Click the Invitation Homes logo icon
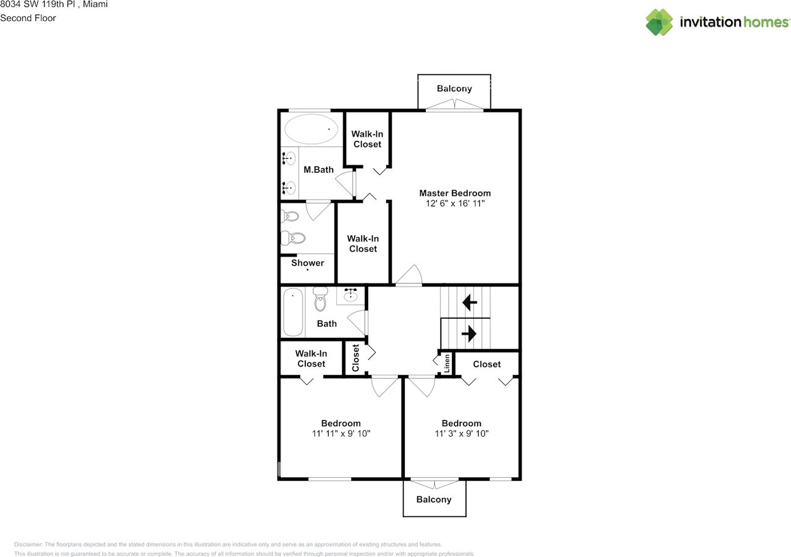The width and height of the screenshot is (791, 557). pyautogui.click(x=659, y=22)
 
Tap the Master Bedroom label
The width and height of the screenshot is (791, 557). pyautogui.click(x=455, y=193)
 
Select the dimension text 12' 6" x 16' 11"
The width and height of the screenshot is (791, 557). pyautogui.click(x=455, y=203)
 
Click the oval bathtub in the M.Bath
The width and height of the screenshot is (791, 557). pyautogui.click(x=311, y=130)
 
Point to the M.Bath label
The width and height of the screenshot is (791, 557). pyautogui.click(x=318, y=170)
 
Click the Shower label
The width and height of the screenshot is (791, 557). pyautogui.click(x=308, y=263)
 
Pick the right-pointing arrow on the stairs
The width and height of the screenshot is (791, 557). pyautogui.click(x=469, y=334)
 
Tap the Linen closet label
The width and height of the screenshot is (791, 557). pyautogui.click(x=446, y=363)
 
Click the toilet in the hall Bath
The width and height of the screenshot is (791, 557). pyautogui.click(x=319, y=299)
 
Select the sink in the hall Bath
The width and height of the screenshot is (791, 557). pyautogui.click(x=351, y=295)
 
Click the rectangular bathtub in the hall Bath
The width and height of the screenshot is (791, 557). pyautogui.click(x=292, y=312)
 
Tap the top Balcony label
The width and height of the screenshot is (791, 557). pyautogui.click(x=454, y=88)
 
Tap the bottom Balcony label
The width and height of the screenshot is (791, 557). pyautogui.click(x=434, y=499)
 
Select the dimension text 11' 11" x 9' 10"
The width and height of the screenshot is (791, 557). pyautogui.click(x=341, y=433)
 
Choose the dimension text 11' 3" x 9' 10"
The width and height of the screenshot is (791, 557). pyautogui.click(x=461, y=433)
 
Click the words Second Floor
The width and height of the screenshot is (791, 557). pyautogui.click(x=28, y=18)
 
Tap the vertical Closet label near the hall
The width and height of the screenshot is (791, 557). pyautogui.click(x=355, y=358)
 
